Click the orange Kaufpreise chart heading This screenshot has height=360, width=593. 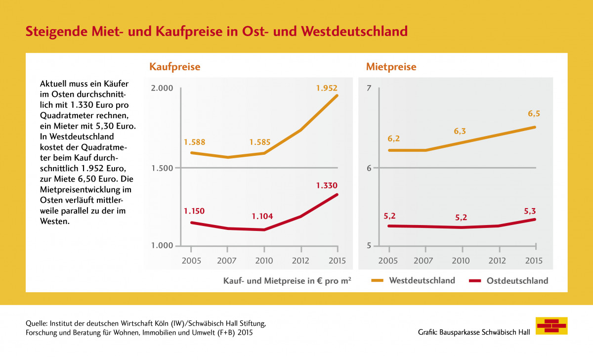click(x=175, y=66)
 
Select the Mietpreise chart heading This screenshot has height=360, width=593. click(x=391, y=66)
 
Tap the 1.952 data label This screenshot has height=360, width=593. click(x=327, y=89)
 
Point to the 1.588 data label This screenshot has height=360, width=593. click(x=194, y=142)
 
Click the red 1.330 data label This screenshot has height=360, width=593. click(x=327, y=185)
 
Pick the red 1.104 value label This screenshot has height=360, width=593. click(x=262, y=216)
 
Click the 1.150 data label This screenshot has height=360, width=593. click(x=194, y=211)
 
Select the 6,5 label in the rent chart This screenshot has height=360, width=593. click(x=534, y=114)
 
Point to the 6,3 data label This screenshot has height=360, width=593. click(x=460, y=132)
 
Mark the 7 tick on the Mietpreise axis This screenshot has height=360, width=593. click(x=368, y=89)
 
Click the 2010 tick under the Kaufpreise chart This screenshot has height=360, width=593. click(x=264, y=261)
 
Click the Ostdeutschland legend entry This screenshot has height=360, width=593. click(x=517, y=281)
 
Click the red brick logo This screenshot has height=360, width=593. click(x=551, y=326)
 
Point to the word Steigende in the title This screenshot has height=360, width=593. click(x=55, y=31)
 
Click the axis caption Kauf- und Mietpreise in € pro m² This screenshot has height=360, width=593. click(x=287, y=281)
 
